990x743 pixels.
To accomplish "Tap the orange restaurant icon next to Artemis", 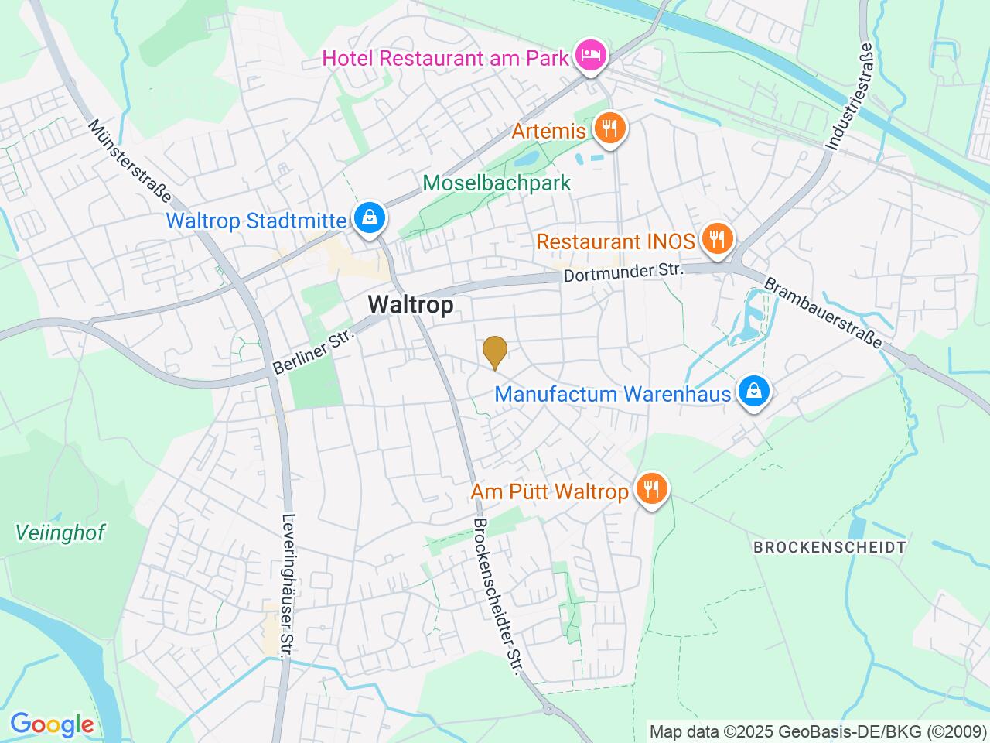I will point(610,128).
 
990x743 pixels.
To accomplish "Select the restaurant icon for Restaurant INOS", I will point(718,239).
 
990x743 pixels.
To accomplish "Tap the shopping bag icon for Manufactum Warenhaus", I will point(752,392).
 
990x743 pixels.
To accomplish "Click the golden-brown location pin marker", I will point(494,353).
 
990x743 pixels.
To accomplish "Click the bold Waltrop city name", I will point(411,305).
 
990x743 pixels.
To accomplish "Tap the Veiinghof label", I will point(60,532).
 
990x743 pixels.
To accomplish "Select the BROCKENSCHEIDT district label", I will point(829,547).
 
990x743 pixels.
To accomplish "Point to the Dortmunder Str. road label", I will point(625,272).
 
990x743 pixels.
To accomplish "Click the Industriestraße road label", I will point(851,94).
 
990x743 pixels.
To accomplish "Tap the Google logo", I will point(52,725).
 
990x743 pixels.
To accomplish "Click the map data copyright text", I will point(818,731).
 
